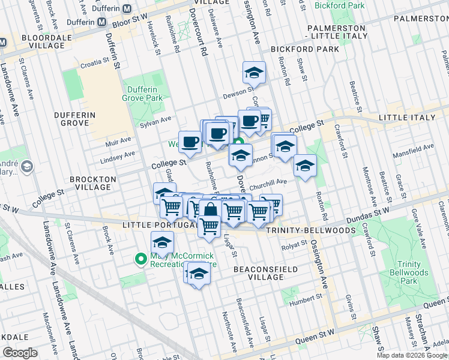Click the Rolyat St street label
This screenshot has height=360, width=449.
pyautogui.click(x=294, y=244)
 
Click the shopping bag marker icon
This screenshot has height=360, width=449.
pyautogui.click(x=210, y=211)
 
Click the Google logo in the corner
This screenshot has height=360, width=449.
pyautogui.click(x=20, y=353)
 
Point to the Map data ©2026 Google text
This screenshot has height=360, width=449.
pyautogui.click(x=412, y=355)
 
